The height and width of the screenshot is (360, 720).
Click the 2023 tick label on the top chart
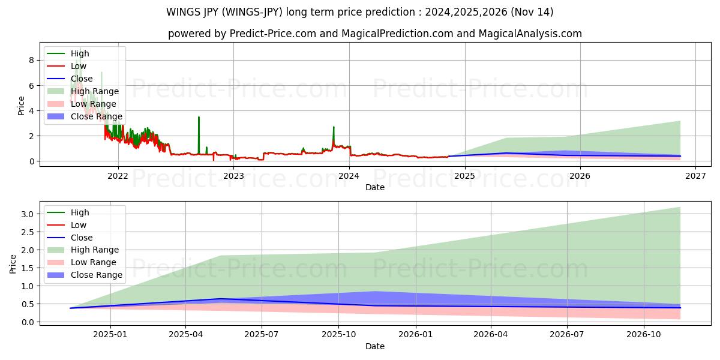233,175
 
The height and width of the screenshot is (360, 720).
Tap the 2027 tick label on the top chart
695,175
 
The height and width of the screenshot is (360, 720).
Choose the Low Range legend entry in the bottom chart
93,262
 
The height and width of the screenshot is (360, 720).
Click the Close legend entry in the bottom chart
82,238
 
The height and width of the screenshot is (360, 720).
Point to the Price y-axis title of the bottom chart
13,264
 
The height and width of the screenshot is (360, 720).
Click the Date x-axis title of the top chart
375,187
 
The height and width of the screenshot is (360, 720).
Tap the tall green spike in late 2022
199,118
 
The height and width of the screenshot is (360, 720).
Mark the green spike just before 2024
334,128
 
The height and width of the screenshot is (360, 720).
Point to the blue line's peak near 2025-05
220,298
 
